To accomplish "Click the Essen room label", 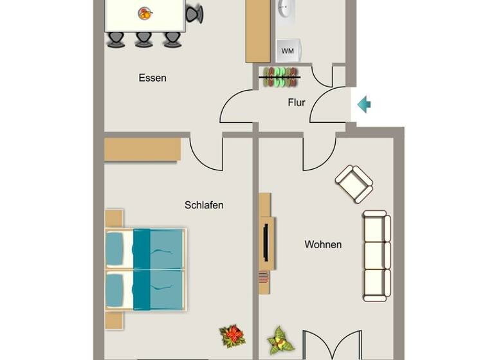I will (152, 78).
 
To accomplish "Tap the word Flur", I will (296, 102).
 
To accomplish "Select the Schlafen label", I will (204, 205).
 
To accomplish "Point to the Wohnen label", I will (323, 244).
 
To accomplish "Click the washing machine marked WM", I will (287, 51).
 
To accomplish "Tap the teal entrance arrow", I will (364, 104).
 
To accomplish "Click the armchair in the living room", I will (354, 183).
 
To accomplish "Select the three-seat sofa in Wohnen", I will (376, 255).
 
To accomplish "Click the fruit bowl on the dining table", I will (145, 12).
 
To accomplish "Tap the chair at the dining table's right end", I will (194, 14).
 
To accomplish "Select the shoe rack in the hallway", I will (280, 76).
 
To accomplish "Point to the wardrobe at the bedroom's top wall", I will (142, 149).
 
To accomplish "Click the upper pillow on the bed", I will (114, 248).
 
